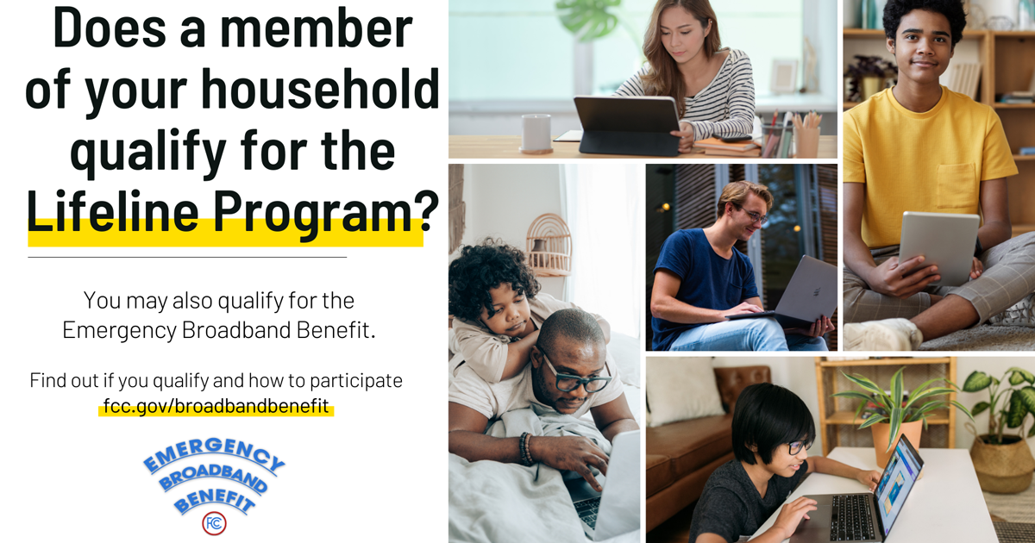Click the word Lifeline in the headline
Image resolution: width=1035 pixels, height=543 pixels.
[113, 211]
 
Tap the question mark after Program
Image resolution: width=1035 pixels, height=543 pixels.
[426, 210]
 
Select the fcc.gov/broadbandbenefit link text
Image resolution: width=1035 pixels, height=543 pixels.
[216, 406]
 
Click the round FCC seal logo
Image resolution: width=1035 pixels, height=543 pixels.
[214, 523]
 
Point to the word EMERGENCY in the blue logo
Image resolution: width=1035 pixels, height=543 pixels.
[214, 455]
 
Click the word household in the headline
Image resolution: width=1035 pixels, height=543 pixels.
[320, 89]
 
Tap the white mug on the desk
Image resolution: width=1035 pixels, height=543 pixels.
[536, 133]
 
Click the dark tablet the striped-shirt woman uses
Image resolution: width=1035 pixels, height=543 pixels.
[627, 125]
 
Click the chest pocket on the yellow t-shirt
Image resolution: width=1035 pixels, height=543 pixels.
[957, 186]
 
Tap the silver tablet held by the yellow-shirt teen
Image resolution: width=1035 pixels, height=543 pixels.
[939, 248]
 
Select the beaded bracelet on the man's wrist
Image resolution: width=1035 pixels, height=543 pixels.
[525, 448]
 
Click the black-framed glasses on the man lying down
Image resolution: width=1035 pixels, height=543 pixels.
[573, 376]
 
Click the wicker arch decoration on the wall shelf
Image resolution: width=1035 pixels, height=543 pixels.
[549, 245]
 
